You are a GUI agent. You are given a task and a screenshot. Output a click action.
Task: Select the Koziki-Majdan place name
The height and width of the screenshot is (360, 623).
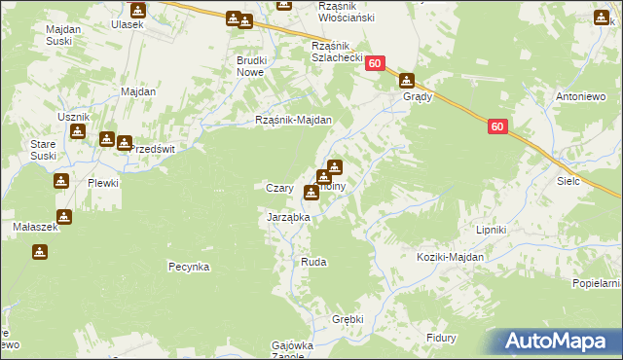(450, 257)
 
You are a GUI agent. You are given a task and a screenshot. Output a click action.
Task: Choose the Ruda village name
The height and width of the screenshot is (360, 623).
(313, 263)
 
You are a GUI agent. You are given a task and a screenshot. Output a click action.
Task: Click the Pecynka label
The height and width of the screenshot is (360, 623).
(189, 266)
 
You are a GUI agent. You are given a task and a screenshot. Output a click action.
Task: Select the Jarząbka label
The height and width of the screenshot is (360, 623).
(288, 218)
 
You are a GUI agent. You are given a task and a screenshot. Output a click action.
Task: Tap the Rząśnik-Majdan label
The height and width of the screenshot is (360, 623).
(294, 121)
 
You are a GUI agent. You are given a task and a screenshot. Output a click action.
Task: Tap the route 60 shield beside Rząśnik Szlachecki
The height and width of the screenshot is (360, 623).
(378, 62)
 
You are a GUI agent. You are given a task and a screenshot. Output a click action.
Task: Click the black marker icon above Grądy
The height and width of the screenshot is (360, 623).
(407, 82)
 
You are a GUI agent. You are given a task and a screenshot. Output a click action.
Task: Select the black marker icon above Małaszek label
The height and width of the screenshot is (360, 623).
(64, 216)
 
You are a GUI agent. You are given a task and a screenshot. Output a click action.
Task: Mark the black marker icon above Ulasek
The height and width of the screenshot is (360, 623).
(137, 11)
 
